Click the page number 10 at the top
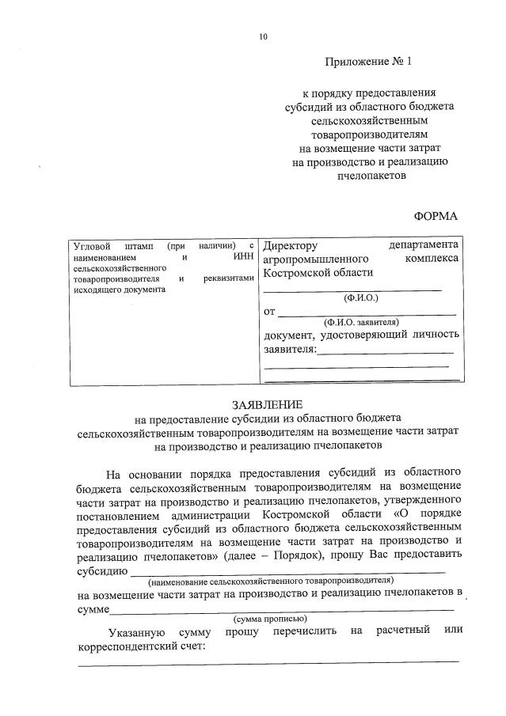click(263, 36)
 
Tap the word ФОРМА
click(436, 215)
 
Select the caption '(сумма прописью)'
click(270, 618)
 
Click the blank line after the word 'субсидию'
click(287, 570)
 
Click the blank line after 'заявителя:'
click(386, 351)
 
